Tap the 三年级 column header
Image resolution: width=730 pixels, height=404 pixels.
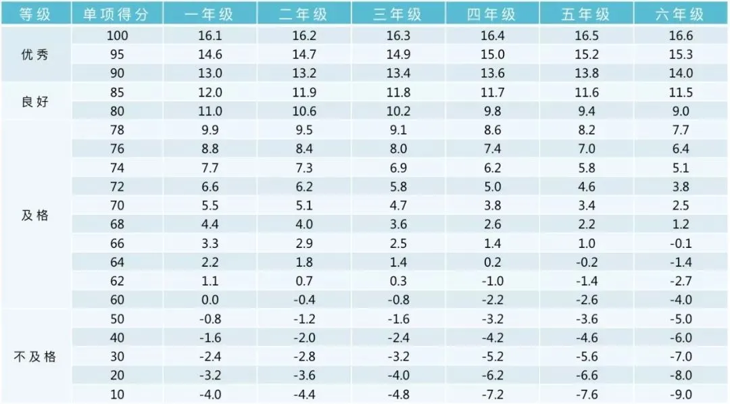point(398,14)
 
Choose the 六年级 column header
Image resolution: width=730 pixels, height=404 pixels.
point(679,14)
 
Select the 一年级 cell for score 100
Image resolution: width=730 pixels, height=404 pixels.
point(210,36)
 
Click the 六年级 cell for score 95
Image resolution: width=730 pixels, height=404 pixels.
point(679,55)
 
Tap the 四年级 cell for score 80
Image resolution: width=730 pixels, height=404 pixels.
point(492,111)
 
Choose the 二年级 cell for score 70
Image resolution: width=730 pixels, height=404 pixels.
point(304,205)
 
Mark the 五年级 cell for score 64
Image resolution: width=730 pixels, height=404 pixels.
point(585,262)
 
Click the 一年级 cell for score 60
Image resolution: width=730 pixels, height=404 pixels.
point(210,300)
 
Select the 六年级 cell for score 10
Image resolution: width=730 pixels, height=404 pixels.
point(679,395)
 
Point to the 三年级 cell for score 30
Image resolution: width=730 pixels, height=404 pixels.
point(398,357)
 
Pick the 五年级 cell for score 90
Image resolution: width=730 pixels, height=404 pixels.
point(585,74)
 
